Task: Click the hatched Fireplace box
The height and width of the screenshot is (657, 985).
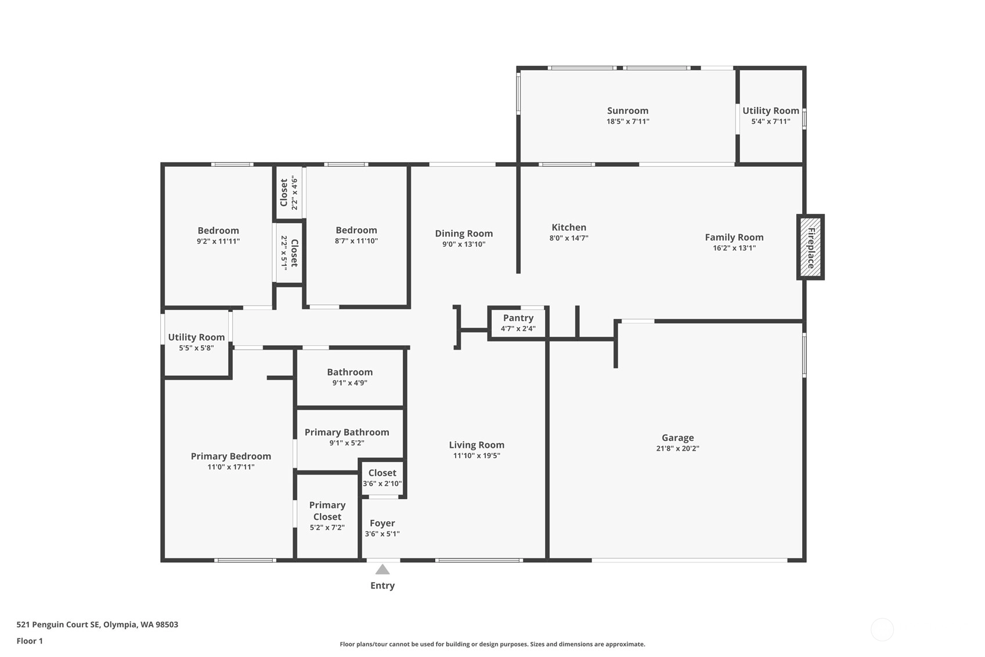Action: [810, 247]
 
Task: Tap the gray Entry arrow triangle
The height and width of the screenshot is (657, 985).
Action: [383, 569]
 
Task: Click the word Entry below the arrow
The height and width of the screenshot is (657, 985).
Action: [383, 586]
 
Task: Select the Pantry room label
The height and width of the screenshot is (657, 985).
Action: [518, 318]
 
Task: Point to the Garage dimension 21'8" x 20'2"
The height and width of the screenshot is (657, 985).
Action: [677, 448]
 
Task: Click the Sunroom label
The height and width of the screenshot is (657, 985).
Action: [627, 110]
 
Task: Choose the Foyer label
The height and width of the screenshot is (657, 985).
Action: [382, 523]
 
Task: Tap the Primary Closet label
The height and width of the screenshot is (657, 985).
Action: [327, 511]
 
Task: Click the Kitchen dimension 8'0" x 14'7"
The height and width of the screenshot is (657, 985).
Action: [569, 238]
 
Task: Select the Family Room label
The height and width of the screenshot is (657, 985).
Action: [734, 237]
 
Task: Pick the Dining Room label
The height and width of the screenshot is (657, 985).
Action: [464, 234]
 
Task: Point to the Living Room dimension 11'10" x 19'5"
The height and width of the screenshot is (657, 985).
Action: [477, 455]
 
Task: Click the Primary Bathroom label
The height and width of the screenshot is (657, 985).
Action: [347, 432]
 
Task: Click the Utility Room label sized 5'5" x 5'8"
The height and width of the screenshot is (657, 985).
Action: [196, 337]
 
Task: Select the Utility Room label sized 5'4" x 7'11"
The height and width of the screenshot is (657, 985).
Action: [771, 110]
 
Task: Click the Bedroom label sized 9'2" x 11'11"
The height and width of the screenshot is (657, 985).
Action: [218, 231]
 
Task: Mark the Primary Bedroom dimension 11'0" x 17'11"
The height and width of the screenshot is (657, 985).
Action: [231, 467]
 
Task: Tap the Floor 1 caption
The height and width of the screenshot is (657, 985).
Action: [30, 641]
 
